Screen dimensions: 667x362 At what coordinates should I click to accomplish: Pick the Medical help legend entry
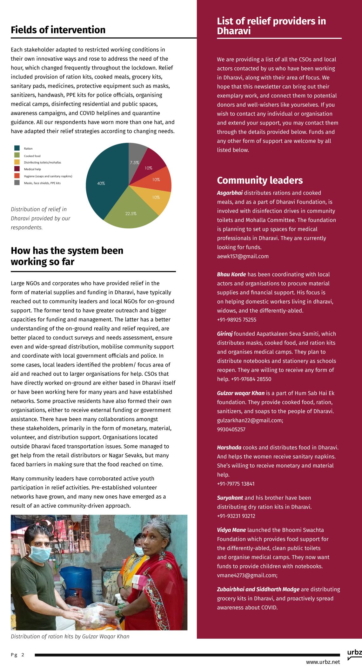[x=32, y=169]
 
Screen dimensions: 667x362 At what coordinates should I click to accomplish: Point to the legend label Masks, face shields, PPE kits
[x=42, y=183]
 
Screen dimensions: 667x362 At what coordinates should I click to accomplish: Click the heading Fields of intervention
[x=58, y=30]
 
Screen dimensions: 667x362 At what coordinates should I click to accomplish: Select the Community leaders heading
[x=260, y=180]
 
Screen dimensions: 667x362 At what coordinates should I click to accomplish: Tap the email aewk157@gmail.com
[x=243, y=256]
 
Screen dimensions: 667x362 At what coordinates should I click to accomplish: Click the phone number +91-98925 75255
[x=237, y=320]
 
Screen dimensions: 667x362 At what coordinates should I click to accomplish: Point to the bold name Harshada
[x=229, y=448]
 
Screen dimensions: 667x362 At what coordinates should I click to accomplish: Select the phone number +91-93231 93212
[x=236, y=516]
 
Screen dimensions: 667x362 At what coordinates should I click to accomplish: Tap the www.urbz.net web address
[x=323, y=662]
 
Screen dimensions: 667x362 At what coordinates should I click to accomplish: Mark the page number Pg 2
[x=17, y=655]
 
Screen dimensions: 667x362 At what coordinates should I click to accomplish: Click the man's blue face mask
[x=40, y=554]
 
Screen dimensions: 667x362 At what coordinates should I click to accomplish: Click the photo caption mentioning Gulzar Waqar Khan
[x=70, y=637]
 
